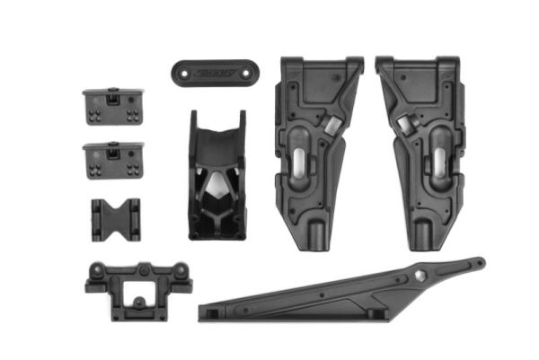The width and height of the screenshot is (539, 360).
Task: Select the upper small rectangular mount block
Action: (x=110, y=106)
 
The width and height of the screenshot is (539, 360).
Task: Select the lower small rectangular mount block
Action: (x=110, y=160)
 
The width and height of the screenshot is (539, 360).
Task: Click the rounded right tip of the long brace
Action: (x=478, y=263)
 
